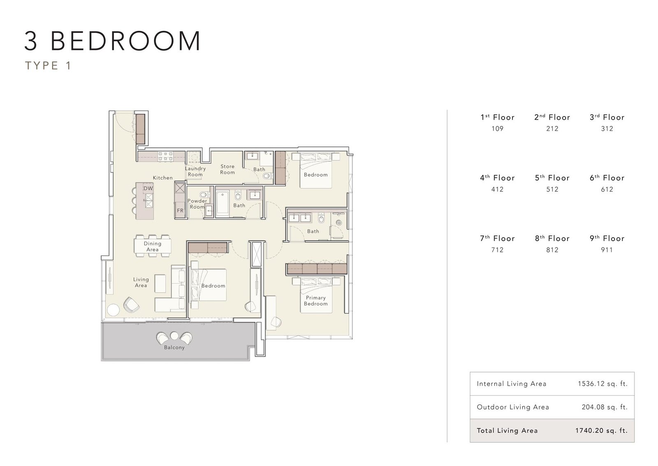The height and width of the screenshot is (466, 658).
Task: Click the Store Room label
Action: coord(227,169)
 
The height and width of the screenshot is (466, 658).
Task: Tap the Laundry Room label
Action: coord(195,171)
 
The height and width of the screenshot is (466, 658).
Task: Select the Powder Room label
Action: coord(197,204)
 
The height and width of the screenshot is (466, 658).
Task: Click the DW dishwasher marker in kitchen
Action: coord(148,189)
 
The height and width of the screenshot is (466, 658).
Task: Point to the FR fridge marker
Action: coord(180,210)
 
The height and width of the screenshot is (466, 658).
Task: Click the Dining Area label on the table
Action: coord(153,246)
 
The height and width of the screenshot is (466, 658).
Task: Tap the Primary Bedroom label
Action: coord(316,301)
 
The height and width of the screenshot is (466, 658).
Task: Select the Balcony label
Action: coord(174,347)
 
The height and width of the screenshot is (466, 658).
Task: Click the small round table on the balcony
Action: coord(174,336)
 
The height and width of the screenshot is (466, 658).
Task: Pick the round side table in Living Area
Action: coord(113,310)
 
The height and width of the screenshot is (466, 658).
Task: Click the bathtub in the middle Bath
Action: coord(222,203)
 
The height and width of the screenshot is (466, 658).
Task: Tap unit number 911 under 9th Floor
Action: coord(607,250)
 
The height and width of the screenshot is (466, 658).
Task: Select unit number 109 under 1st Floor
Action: coord(497,128)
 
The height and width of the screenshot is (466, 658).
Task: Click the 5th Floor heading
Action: coord(552,178)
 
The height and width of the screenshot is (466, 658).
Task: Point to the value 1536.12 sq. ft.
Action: coord(602,384)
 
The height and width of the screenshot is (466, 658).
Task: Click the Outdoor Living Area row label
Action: coord(513,407)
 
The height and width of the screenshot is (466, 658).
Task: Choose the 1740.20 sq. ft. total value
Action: coord(601,431)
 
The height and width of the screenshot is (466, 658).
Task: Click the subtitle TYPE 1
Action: coord(48,65)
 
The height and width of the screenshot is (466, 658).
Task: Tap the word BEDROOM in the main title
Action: coord(126,41)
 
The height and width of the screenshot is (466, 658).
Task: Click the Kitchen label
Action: coord(163,177)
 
